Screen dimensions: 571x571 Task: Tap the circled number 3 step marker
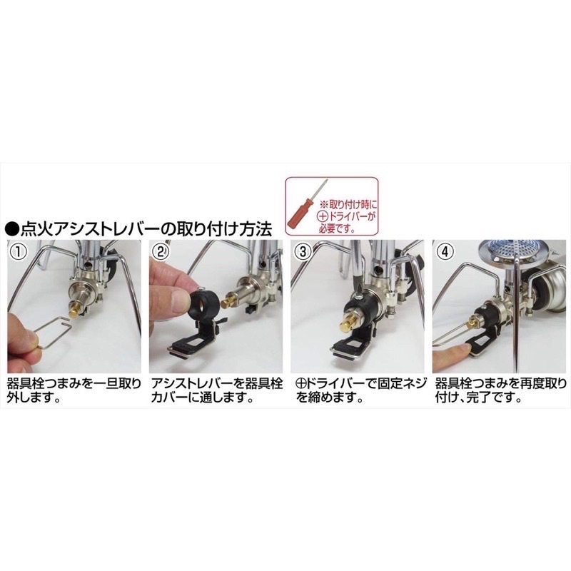303,252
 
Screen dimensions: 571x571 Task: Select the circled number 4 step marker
445,252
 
